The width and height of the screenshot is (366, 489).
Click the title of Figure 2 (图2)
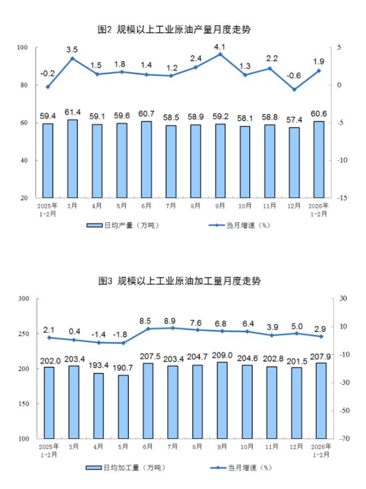pyautogui.click(x=183, y=29)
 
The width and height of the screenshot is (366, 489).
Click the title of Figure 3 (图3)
pyautogui.click(x=183, y=281)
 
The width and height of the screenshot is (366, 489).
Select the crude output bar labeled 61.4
pyautogui.click(x=72, y=159)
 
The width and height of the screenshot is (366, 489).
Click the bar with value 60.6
pyautogui.click(x=319, y=159)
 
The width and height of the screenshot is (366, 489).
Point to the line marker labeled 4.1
pyautogui.click(x=220, y=53)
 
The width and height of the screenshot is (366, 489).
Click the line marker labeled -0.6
pyautogui.click(x=294, y=89)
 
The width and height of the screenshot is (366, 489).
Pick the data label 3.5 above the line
pyautogui.click(x=72, y=49)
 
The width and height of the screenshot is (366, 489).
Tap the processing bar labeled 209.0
pyautogui.click(x=220, y=400)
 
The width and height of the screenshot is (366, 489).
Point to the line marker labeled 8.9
pyautogui.click(x=171, y=328)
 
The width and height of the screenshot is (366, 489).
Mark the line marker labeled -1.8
pyautogui.click(x=121, y=343)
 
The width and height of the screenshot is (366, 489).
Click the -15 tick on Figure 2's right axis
pyautogui.click(x=341, y=198)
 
